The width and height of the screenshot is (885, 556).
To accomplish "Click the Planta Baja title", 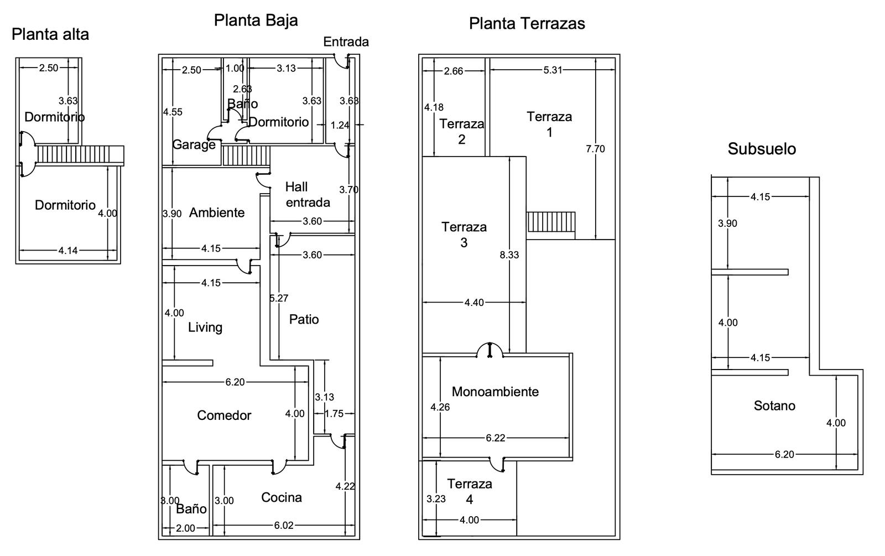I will (x=256, y=20).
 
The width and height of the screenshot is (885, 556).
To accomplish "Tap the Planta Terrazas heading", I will (x=527, y=23).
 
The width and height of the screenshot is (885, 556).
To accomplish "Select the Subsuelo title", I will (x=762, y=149).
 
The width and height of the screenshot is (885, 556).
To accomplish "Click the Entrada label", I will (x=346, y=42).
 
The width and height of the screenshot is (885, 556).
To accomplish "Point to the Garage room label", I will (x=194, y=145).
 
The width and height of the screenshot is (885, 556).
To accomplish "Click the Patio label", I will (x=304, y=319).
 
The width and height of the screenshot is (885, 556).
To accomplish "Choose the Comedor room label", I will (x=224, y=415).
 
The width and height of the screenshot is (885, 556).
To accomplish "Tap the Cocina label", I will (x=282, y=497).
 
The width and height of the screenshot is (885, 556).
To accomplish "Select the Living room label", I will (x=205, y=327).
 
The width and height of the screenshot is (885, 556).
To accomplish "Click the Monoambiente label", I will (x=495, y=392).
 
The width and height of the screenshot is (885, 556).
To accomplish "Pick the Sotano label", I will (x=774, y=406).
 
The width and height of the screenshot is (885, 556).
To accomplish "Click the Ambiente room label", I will (x=217, y=212).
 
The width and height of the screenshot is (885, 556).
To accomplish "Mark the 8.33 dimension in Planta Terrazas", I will (x=509, y=255).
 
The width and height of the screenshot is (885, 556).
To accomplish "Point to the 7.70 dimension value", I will (x=595, y=149).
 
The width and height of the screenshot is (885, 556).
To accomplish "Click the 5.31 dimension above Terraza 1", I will (x=553, y=70).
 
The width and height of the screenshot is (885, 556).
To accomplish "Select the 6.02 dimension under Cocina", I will (x=284, y=525).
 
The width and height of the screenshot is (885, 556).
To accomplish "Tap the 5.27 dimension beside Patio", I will (x=279, y=298).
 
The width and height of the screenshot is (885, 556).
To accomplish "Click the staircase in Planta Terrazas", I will (x=551, y=222).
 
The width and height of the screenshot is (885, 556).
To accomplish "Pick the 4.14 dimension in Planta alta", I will (x=68, y=251).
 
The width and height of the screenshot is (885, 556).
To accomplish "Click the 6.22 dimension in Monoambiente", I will (x=495, y=438).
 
